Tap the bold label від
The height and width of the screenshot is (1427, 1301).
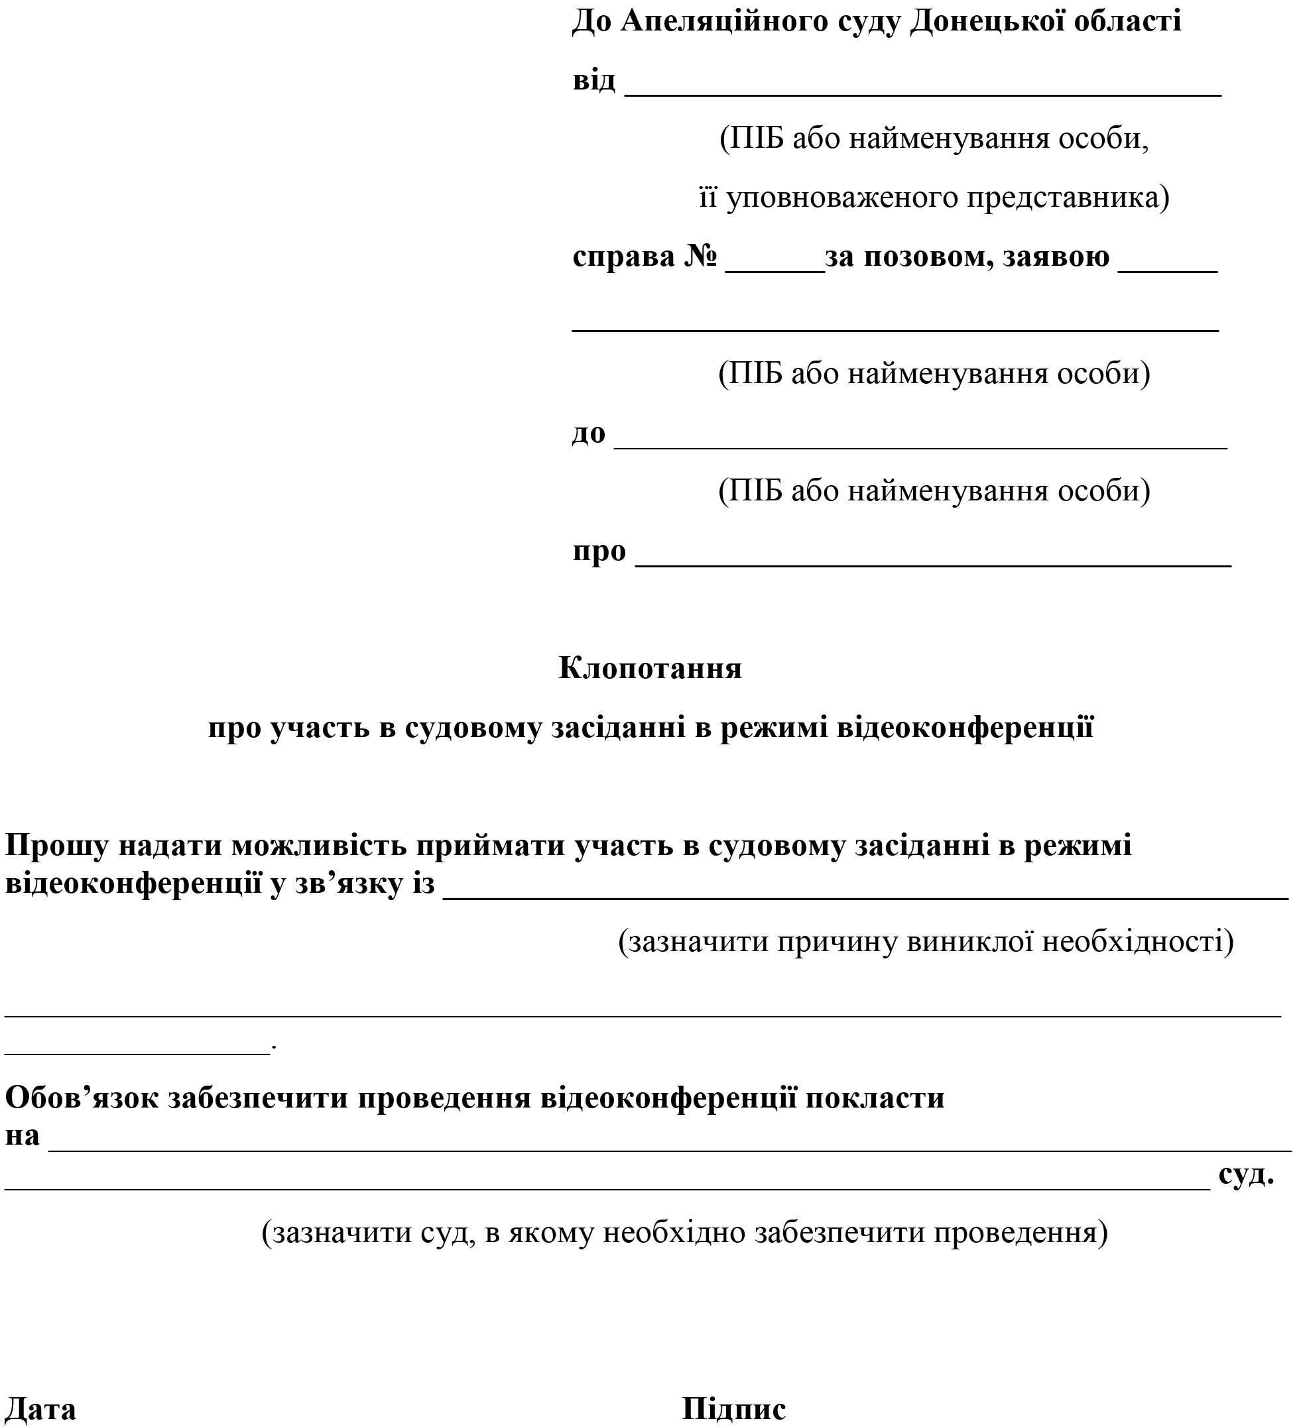(593, 80)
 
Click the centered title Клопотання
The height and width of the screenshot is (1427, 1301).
(650, 667)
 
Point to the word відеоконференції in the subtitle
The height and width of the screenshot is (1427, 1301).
(965, 728)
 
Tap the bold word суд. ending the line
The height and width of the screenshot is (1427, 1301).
(1246, 1174)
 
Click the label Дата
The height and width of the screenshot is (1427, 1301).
(40, 1408)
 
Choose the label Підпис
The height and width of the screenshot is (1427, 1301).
(733, 1408)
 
